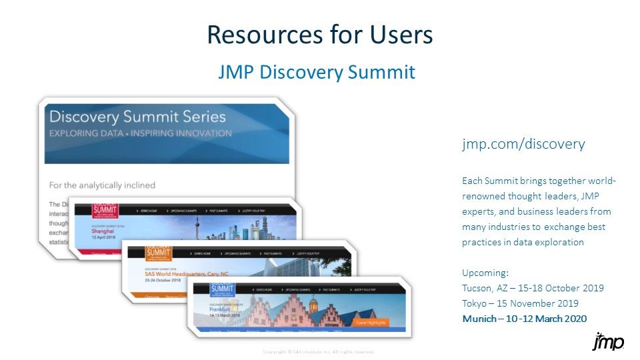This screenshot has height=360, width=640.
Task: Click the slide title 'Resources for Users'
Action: [320, 35]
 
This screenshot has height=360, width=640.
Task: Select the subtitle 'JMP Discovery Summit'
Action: [317, 72]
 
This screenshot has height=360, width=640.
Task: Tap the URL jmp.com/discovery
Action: [523, 144]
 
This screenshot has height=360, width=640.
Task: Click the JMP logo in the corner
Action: [608, 341]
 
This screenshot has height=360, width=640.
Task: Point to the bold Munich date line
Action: [525, 319]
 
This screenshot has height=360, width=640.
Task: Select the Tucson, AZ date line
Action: [533, 288]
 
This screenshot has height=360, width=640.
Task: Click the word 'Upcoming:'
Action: [485, 273]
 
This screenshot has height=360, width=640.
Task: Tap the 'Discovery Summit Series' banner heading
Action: [138, 117]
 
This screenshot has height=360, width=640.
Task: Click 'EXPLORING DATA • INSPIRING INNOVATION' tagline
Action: [141, 133]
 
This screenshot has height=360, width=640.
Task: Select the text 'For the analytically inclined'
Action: [102, 185]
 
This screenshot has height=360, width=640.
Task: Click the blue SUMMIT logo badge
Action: [223, 289]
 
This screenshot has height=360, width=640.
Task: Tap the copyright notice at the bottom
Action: [319, 351]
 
